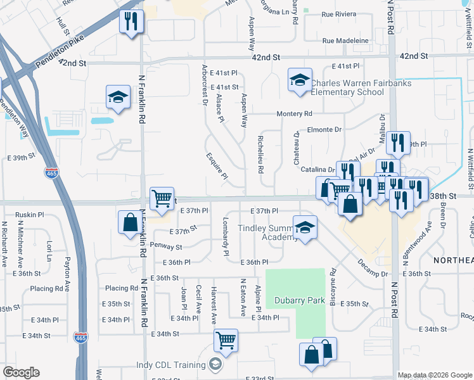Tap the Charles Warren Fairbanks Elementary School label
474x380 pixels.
point(361,87)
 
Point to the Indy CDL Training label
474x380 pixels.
point(171,365)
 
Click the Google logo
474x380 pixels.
point(21,372)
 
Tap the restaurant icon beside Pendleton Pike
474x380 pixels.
point(132,22)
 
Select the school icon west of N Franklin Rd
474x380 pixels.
point(117,97)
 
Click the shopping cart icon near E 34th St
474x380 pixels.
point(226,340)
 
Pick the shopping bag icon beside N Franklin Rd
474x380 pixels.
point(130,222)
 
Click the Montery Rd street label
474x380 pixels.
point(294,114)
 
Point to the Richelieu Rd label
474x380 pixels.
point(260,155)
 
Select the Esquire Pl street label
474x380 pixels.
point(216,165)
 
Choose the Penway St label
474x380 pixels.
point(166,246)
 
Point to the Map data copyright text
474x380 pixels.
point(434,375)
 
